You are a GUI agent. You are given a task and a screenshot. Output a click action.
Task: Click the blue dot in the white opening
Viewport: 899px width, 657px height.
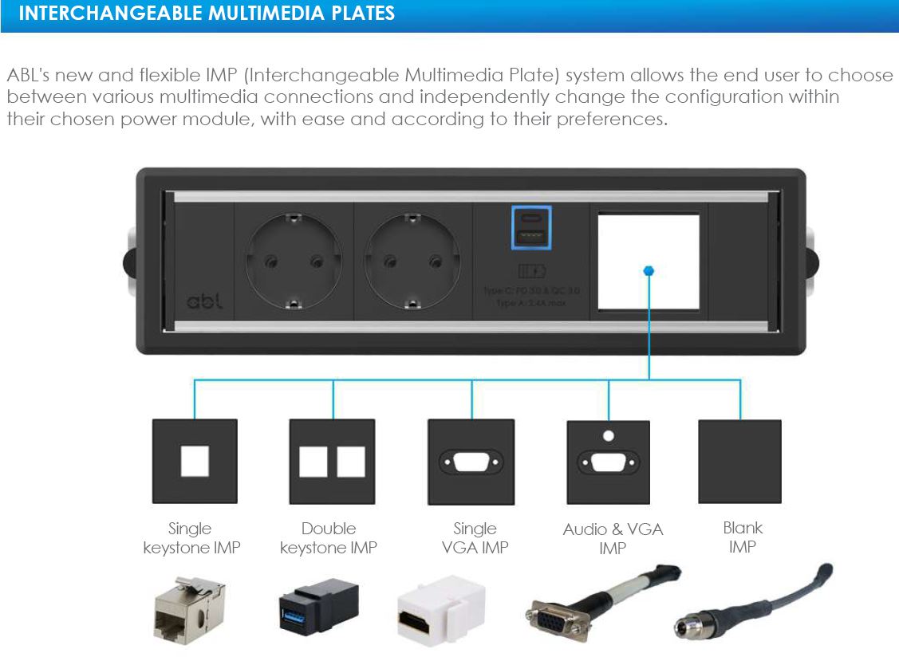point(649,271)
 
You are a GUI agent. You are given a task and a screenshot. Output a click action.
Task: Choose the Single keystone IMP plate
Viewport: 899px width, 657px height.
point(195,462)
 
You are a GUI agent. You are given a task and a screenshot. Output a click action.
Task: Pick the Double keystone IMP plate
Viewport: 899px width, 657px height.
point(332,462)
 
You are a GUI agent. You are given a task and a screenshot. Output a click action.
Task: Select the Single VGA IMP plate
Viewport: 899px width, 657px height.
point(471,462)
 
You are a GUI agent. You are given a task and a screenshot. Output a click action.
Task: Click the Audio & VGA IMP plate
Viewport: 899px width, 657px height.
point(609,462)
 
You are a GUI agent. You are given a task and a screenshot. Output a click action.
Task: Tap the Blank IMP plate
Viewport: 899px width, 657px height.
point(739,462)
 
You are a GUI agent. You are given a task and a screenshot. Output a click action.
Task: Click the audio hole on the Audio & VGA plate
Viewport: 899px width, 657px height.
point(609,436)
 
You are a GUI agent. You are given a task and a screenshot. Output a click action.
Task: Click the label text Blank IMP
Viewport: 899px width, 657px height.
point(742,537)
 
